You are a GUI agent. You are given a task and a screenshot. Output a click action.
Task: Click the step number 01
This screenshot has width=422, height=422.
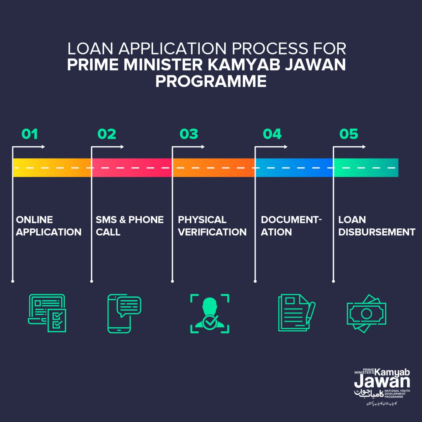[30, 134]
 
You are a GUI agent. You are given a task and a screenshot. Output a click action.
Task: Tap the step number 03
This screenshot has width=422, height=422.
[189, 134]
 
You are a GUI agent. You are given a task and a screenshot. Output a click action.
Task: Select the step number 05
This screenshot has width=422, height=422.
[348, 134]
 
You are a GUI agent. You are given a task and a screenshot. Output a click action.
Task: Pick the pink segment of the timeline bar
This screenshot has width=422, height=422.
[132, 167]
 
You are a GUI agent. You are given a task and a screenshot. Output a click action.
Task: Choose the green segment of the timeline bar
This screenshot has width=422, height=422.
[366, 167]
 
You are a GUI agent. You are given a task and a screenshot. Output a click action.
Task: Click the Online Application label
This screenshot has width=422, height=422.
[48, 226]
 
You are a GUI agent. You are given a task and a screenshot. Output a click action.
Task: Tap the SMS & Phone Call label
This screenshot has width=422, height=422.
[130, 226]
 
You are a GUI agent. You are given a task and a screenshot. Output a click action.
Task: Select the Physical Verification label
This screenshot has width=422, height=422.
[212, 226]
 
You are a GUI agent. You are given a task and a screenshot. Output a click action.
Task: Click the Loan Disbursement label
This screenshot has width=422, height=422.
[377, 226]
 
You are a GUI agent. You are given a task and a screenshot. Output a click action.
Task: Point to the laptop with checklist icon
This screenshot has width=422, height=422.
[47, 313]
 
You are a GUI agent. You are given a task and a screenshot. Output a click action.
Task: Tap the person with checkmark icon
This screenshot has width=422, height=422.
[210, 314]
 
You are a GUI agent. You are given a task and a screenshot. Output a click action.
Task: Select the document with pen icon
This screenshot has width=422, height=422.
[296, 313]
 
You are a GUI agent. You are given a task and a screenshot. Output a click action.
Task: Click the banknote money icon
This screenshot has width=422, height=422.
[366, 314]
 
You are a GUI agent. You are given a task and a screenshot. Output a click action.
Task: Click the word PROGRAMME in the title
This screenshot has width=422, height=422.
[211, 81]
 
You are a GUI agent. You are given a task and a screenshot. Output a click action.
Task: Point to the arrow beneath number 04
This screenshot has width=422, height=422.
[271, 147]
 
